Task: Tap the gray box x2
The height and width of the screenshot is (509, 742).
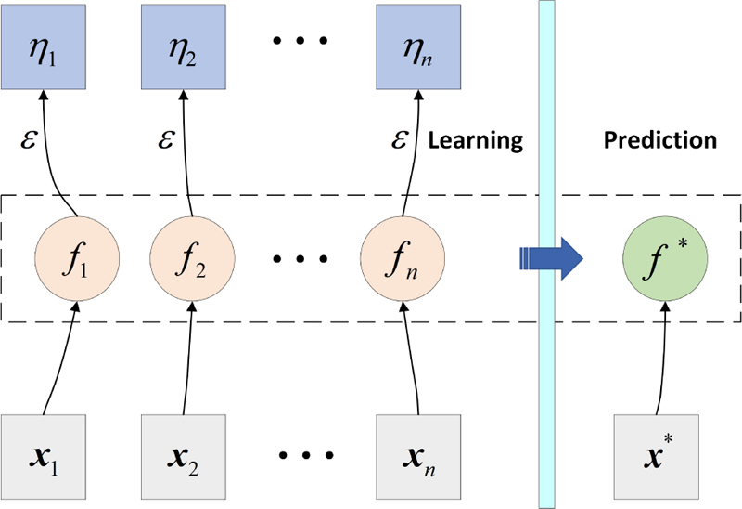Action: click(182, 456)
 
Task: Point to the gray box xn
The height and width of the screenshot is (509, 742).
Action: click(417, 456)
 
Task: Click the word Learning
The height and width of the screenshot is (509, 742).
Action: click(476, 141)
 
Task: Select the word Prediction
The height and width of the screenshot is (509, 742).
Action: click(660, 141)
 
